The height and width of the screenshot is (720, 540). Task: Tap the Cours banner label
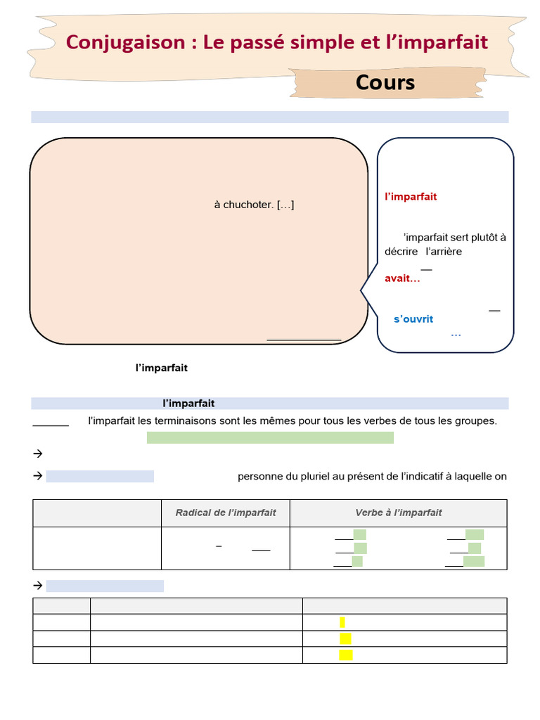click(385, 82)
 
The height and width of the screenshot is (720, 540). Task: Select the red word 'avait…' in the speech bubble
click(402, 278)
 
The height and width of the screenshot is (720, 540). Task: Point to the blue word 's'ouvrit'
click(413, 319)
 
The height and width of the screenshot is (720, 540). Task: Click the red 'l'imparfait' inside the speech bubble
click(411, 196)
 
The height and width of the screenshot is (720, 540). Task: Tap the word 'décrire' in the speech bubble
click(401, 251)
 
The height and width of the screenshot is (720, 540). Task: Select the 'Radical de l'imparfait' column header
click(226, 513)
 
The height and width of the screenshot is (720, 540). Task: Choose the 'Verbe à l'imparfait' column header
click(398, 513)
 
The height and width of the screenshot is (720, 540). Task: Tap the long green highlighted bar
click(270, 438)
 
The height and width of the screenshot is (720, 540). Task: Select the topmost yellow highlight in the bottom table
click(342, 622)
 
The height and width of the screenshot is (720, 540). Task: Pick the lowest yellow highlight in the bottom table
click(345, 655)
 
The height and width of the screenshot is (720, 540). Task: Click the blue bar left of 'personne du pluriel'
click(100, 476)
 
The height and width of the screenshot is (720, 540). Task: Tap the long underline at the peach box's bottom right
click(304, 340)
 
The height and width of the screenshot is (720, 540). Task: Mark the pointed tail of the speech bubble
click(363, 290)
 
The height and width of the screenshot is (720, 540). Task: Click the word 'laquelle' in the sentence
click(472, 476)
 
